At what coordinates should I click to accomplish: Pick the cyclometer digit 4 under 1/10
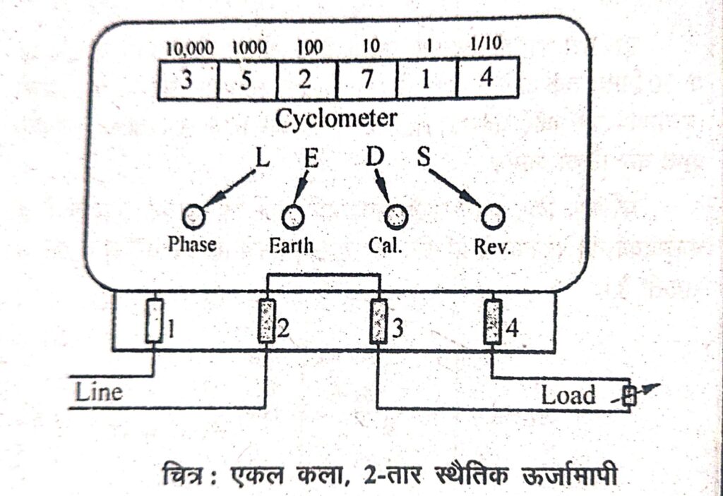click(x=486, y=78)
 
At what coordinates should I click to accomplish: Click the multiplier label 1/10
click(x=486, y=46)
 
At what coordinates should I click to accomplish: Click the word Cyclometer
click(x=336, y=119)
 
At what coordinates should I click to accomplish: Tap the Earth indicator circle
click(x=293, y=216)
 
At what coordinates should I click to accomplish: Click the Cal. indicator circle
click(x=395, y=216)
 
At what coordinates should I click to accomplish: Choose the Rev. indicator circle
click(x=493, y=216)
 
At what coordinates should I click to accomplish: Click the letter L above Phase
click(x=261, y=158)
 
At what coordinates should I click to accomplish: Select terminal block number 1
click(x=153, y=320)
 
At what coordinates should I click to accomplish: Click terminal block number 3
click(x=380, y=321)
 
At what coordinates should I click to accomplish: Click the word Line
click(x=100, y=392)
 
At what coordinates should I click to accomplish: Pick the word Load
click(x=568, y=395)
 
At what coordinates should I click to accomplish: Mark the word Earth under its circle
click(x=292, y=246)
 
